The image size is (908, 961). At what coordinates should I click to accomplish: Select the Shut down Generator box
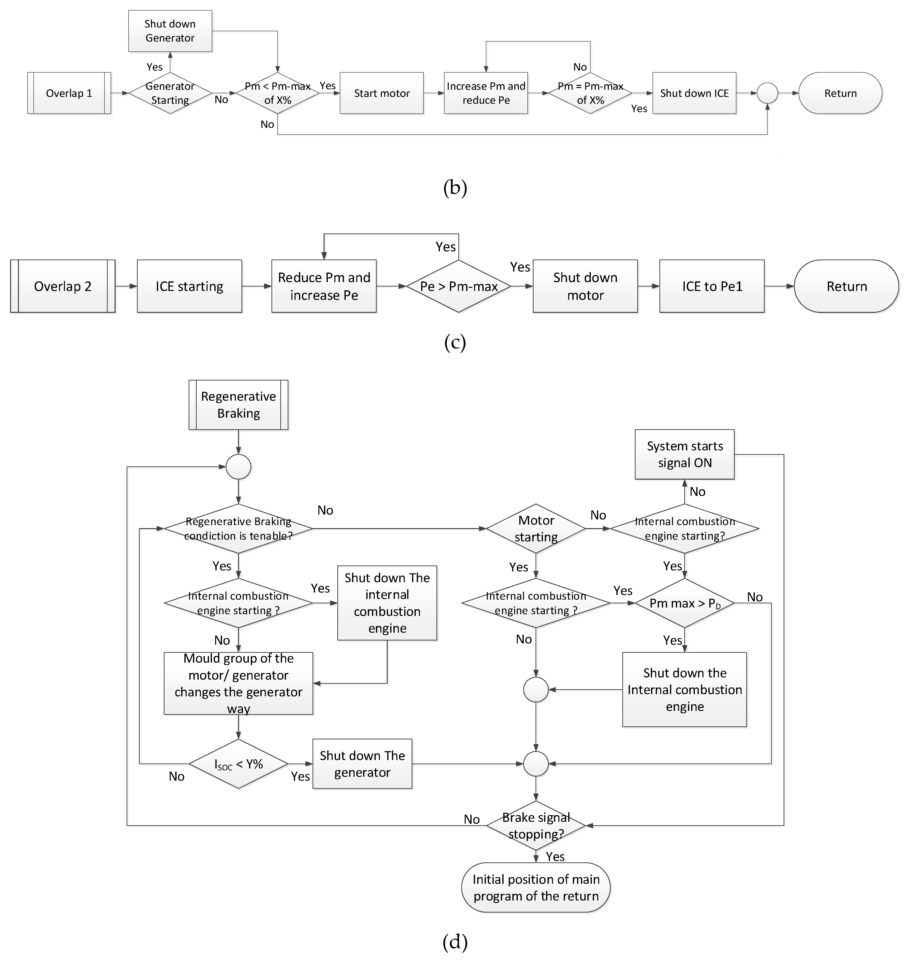coord(170,31)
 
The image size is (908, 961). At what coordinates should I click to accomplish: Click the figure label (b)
coord(454,187)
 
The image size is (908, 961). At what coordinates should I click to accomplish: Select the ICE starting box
coord(189,286)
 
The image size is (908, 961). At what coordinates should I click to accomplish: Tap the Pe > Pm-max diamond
coord(458,286)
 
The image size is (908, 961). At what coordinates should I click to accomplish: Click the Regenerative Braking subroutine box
coord(238,405)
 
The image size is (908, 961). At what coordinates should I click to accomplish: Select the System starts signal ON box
coord(685,454)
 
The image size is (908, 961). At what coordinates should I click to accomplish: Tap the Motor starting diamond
coord(536,529)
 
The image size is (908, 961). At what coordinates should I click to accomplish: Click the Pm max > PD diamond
coord(685,603)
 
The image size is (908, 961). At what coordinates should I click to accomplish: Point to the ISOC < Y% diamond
coord(238,764)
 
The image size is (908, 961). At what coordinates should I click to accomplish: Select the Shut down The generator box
coord(362,764)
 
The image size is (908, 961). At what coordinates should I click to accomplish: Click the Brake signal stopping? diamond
coord(536,826)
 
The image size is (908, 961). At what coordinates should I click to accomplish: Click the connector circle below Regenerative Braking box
coord(238,467)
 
